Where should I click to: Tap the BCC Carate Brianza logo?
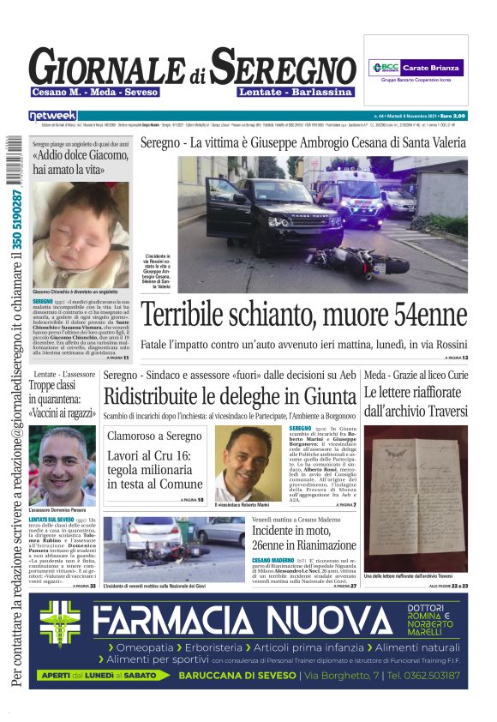[x=416, y=67]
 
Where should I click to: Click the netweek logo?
[x=53, y=115]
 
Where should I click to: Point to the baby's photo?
[x=81, y=233]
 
